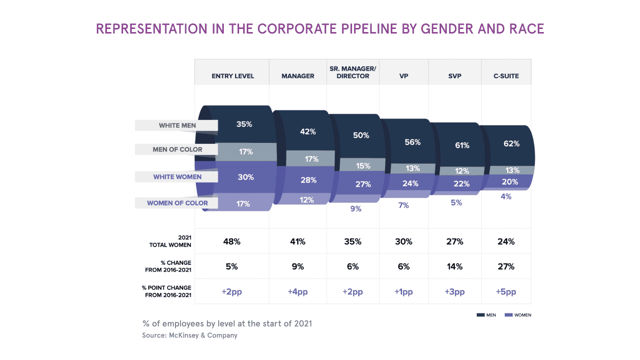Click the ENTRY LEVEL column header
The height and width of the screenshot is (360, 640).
(x=232, y=76)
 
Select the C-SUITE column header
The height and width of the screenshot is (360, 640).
(x=506, y=76)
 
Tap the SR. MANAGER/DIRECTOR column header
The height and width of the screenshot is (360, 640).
(x=353, y=72)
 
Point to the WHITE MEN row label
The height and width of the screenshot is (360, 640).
(x=177, y=125)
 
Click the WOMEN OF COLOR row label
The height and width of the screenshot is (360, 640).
(x=177, y=203)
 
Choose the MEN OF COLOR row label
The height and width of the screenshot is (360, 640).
(x=177, y=149)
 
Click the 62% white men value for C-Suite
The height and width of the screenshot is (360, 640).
(x=511, y=144)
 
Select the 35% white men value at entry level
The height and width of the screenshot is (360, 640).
(x=244, y=124)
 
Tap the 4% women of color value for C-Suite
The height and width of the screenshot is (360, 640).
(x=506, y=196)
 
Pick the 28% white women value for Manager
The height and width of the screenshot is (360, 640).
(x=308, y=180)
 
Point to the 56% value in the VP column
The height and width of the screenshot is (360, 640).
(x=413, y=142)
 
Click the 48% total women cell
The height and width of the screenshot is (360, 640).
(x=231, y=242)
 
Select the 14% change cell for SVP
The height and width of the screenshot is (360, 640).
(x=455, y=266)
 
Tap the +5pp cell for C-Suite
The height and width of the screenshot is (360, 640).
(x=506, y=292)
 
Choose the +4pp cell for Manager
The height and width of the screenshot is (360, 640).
(x=298, y=292)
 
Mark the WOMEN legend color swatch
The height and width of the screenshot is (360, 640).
(x=508, y=315)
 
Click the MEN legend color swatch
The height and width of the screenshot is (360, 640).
(x=480, y=315)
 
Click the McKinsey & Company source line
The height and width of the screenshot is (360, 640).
(x=189, y=336)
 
